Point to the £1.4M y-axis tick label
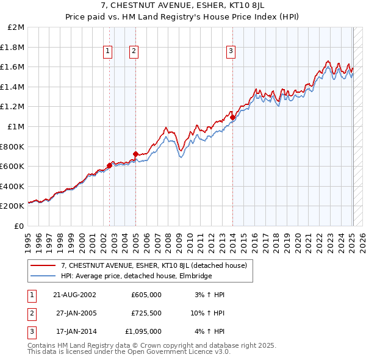13,87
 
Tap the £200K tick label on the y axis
13,206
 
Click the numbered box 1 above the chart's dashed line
107,52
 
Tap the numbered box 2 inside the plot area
133,52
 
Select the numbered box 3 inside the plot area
231,52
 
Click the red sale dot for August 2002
110,165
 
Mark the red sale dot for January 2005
135,154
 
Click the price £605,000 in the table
146,295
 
